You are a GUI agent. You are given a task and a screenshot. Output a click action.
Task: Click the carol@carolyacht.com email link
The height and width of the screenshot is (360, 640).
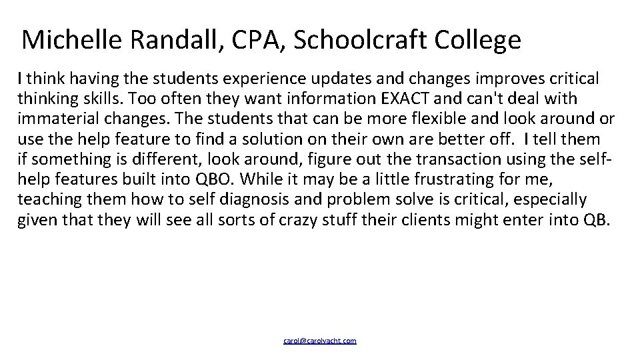320,341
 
